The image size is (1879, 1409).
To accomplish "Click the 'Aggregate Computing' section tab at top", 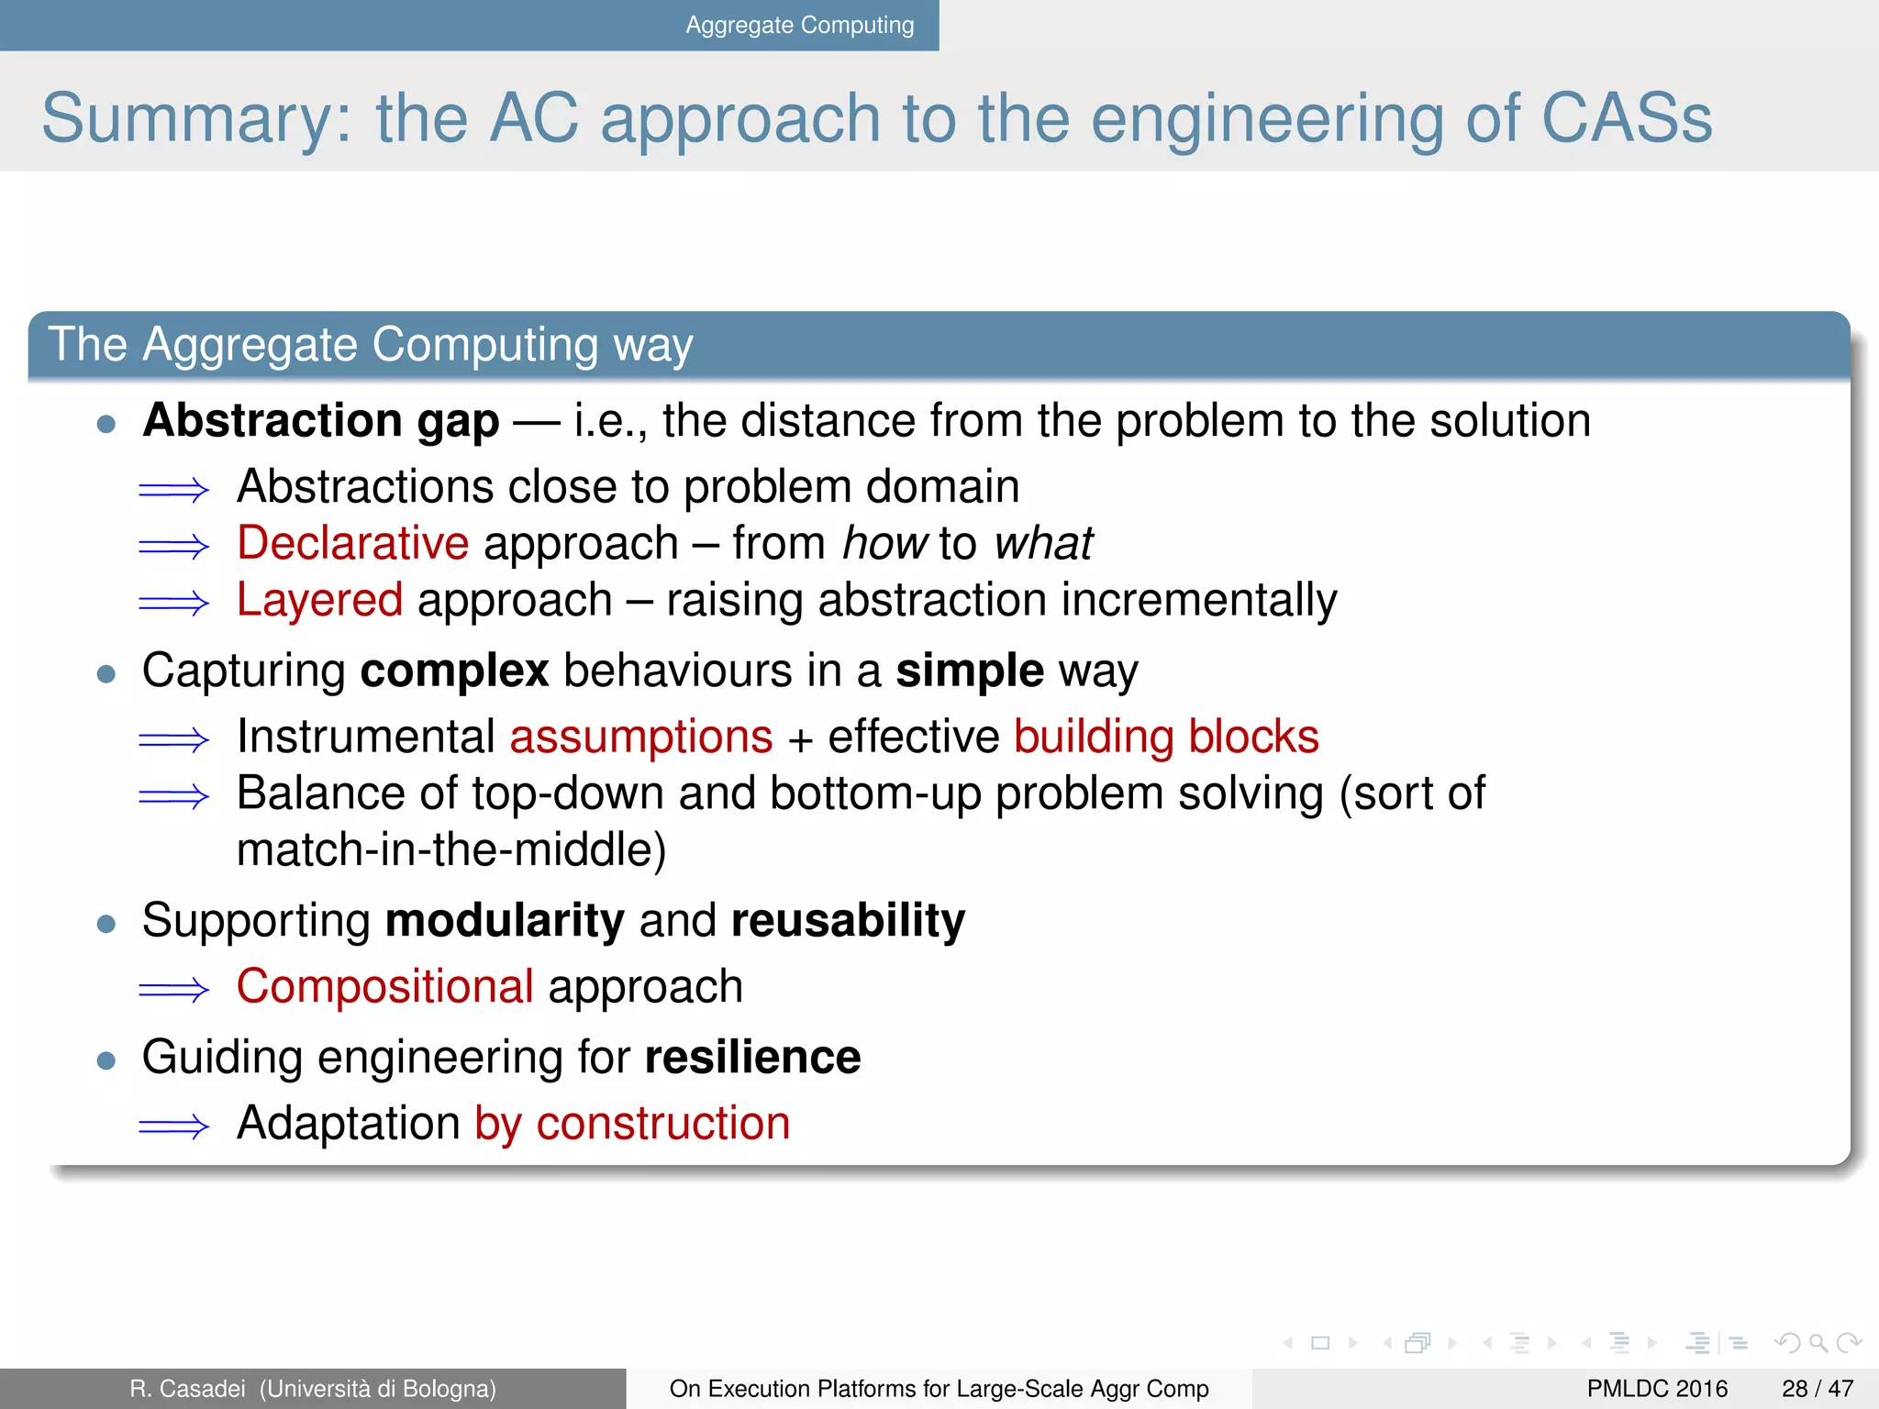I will point(799,25).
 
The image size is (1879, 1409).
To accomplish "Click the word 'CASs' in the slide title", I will point(1626,118).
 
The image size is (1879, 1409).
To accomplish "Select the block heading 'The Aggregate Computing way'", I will point(370,345).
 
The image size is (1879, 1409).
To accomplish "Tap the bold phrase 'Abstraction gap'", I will point(321,421).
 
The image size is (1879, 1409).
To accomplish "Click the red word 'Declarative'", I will point(353,543).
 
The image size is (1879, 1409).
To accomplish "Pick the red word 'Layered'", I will point(319,600).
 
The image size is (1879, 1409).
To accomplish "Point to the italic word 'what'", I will point(1043,543).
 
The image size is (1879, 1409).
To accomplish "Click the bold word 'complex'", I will point(454,671).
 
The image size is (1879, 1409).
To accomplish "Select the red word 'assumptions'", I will point(641,737).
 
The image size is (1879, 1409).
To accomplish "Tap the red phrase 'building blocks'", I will point(1166,737).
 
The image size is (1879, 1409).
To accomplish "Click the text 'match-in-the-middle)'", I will point(451,849).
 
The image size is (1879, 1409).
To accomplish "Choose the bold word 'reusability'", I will point(848,920).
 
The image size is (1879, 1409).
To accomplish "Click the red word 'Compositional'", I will point(385,987).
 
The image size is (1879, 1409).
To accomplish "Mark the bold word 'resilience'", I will point(752,1058).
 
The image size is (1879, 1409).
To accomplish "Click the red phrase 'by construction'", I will point(632,1124).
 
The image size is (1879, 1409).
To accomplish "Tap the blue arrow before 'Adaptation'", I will point(173,1126).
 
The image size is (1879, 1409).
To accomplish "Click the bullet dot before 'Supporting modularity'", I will point(106,923).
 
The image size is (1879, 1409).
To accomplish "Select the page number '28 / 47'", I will point(1817,1389).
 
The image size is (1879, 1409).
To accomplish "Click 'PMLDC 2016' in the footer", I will point(1657,1389).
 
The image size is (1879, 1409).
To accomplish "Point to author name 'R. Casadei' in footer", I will point(187,1389).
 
